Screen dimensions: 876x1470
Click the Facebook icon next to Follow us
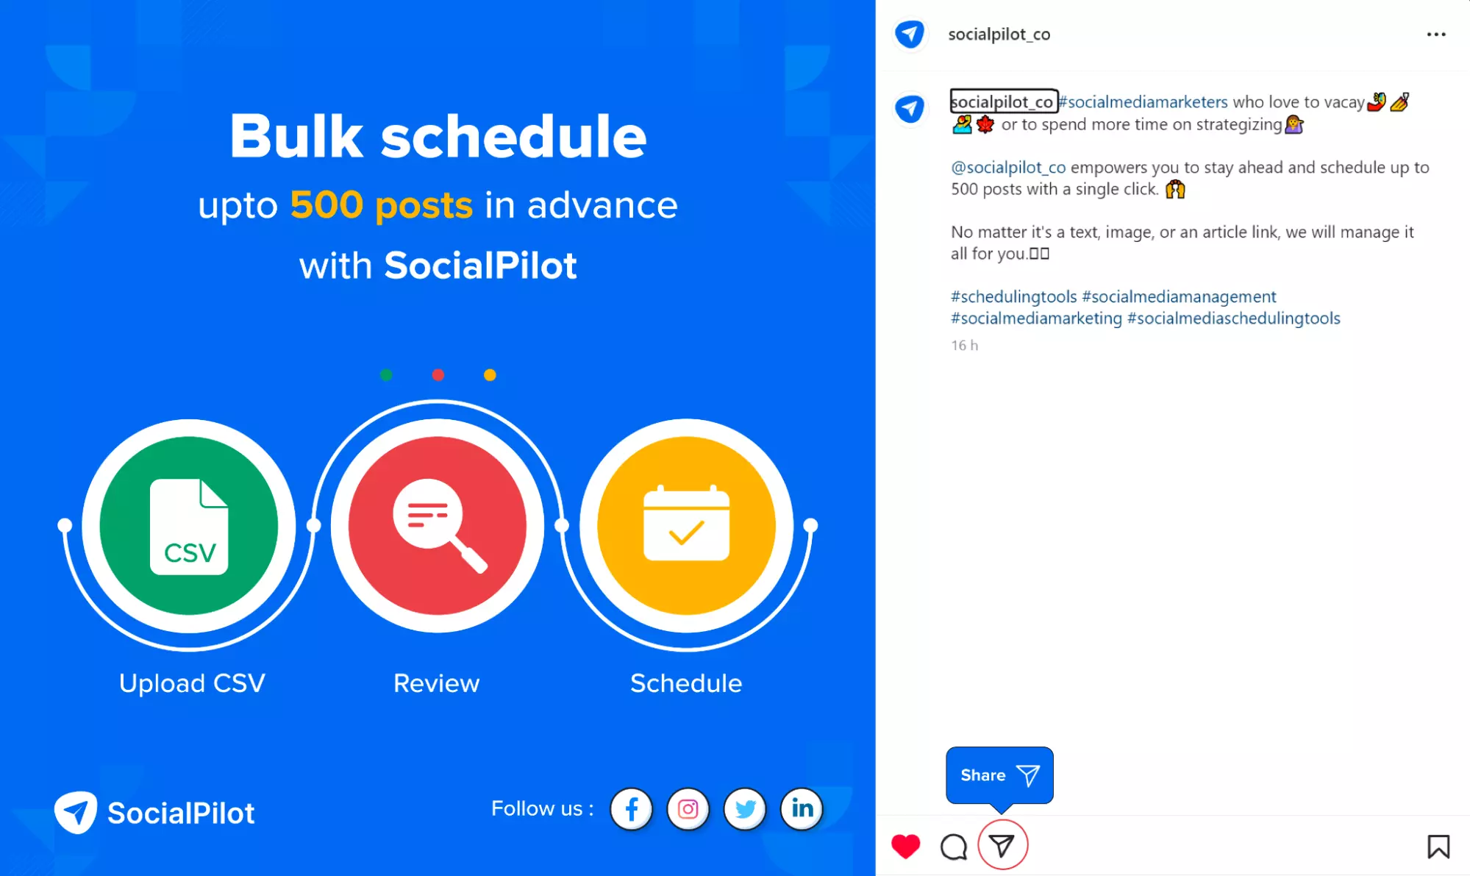[x=631, y=809]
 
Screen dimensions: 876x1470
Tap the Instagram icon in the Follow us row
[x=688, y=809]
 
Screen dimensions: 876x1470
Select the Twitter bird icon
[x=745, y=809]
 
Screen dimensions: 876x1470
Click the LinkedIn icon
[x=802, y=809]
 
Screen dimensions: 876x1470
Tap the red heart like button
[x=905, y=847]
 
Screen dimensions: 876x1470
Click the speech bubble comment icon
[x=954, y=847]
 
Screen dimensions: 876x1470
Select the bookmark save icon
[x=1438, y=847]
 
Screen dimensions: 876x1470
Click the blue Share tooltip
[x=999, y=775]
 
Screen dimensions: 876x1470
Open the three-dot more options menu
[x=1436, y=35]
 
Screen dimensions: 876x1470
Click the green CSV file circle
[x=189, y=526]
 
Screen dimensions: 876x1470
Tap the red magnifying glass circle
[x=438, y=526]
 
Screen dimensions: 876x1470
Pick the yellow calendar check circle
[x=686, y=526]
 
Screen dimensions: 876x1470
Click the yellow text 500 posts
[x=381, y=204]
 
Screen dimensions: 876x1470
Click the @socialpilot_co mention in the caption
[x=1008, y=168]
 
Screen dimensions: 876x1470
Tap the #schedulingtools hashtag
[x=1013, y=296]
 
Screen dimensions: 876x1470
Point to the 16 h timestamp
[x=964, y=345]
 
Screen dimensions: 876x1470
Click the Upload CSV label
[x=192, y=683]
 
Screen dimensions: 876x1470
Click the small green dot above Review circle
[x=386, y=375]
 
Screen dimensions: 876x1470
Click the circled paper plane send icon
[x=1002, y=845]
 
